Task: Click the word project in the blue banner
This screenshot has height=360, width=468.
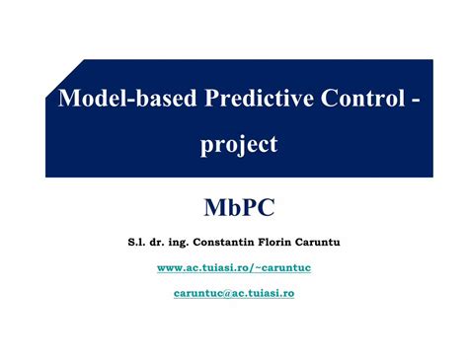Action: (x=239, y=145)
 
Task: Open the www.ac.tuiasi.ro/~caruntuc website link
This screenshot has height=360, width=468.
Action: (x=234, y=267)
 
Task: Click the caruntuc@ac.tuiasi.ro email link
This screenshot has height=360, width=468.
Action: (x=234, y=293)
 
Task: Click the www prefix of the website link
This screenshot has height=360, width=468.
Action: (x=169, y=267)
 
